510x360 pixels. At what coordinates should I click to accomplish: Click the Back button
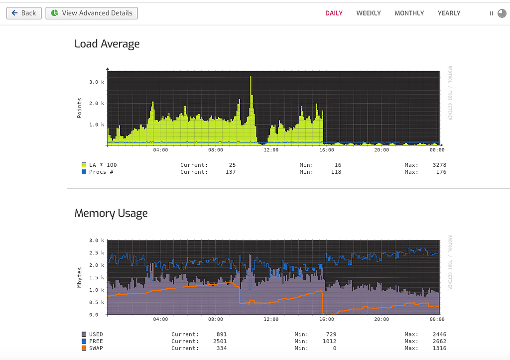(x=24, y=13)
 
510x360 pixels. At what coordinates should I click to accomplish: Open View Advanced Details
(x=92, y=13)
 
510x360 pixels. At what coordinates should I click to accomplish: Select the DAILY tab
(x=334, y=13)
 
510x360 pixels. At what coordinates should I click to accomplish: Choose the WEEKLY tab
(x=368, y=13)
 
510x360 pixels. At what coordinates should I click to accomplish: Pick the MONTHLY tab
(x=409, y=13)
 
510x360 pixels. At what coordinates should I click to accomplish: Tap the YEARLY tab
(x=449, y=13)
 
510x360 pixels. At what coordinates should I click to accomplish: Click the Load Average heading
(x=107, y=44)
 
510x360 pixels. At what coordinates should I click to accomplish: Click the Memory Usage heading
(x=111, y=213)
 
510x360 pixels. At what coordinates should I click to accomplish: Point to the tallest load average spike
(x=251, y=78)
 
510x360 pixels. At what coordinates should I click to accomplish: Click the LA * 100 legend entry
(x=103, y=165)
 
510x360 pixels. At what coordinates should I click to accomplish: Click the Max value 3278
(x=439, y=165)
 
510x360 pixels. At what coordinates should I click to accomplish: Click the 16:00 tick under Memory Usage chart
(x=326, y=319)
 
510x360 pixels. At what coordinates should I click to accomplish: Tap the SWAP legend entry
(x=96, y=348)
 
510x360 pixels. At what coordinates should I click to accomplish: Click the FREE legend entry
(x=96, y=341)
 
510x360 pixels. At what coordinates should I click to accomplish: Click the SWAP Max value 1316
(x=439, y=348)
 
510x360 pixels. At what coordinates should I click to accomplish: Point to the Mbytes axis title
(x=80, y=277)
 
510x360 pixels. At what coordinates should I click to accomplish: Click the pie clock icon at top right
(x=502, y=13)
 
